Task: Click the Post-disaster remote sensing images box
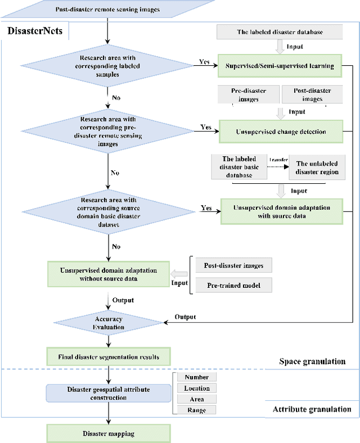pyautogui.click(x=107, y=10)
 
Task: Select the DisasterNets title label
pyautogui.click(x=35, y=31)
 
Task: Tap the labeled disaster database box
pyautogui.click(x=280, y=32)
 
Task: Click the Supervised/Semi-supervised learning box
pyautogui.click(x=280, y=66)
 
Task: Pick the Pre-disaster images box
pyautogui.click(x=248, y=95)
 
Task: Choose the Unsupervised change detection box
pyautogui.click(x=280, y=132)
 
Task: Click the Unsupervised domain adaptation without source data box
pyautogui.click(x=107, y=274)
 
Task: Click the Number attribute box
pyautogui.click(x=196, y=377)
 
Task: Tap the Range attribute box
pyautogui.click(x=196, y=410)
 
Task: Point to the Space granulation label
pyautogui.click(x=312, y=361)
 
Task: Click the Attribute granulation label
pyautogui.click(x=312, y=409)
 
